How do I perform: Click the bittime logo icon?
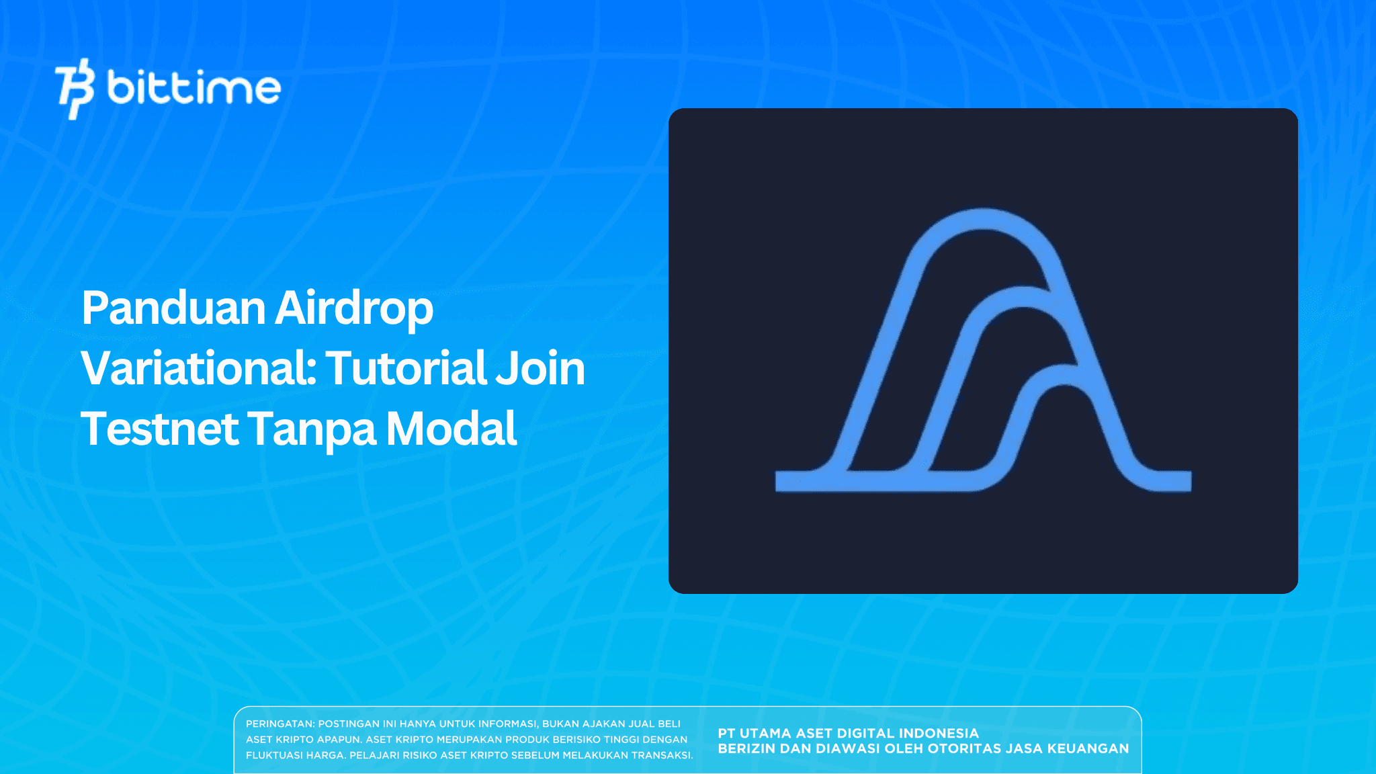[75, 88]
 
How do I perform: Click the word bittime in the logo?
[193, 88]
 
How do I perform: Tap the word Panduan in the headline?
[173, 308]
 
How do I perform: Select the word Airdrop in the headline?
[354, 308]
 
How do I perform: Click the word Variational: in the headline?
[199, 368]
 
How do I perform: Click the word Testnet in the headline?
[159, 429]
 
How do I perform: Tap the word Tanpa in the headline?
[312, 429]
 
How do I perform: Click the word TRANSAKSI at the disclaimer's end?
[661, 755]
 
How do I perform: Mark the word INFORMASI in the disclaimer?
[507, 724]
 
